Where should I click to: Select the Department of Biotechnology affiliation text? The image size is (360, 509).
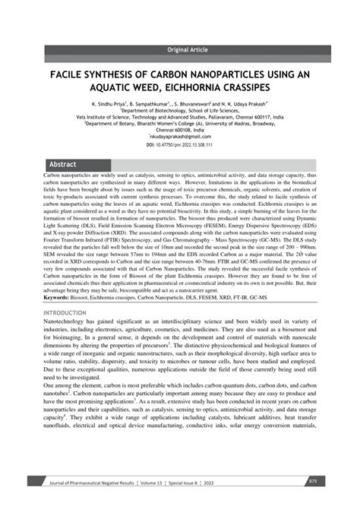[x=179, y=110]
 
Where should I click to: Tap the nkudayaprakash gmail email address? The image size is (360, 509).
[x=179, y=138]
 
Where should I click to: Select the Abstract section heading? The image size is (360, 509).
[x=62, y=163]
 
